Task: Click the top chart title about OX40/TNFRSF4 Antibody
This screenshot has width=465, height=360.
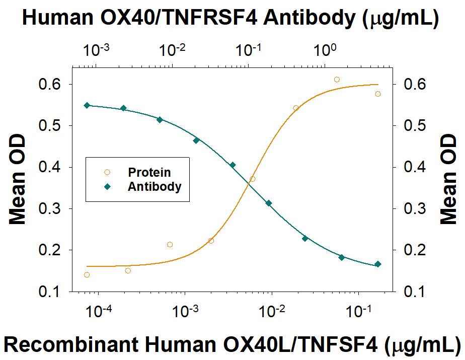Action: (231, 19)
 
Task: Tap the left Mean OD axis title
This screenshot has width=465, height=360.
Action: (18, 187)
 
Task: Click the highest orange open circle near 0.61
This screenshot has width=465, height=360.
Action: (337, 80)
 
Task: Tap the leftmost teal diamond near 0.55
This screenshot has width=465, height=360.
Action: (87, 105)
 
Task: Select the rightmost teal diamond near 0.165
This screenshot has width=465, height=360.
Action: (378, 264)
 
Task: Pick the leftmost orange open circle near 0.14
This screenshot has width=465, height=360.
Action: (87, 275)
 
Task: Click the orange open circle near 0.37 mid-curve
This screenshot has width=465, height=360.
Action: (252, 179)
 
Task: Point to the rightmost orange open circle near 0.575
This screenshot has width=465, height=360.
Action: (378, 94)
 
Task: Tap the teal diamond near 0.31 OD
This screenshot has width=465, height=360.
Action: (269, 203)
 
